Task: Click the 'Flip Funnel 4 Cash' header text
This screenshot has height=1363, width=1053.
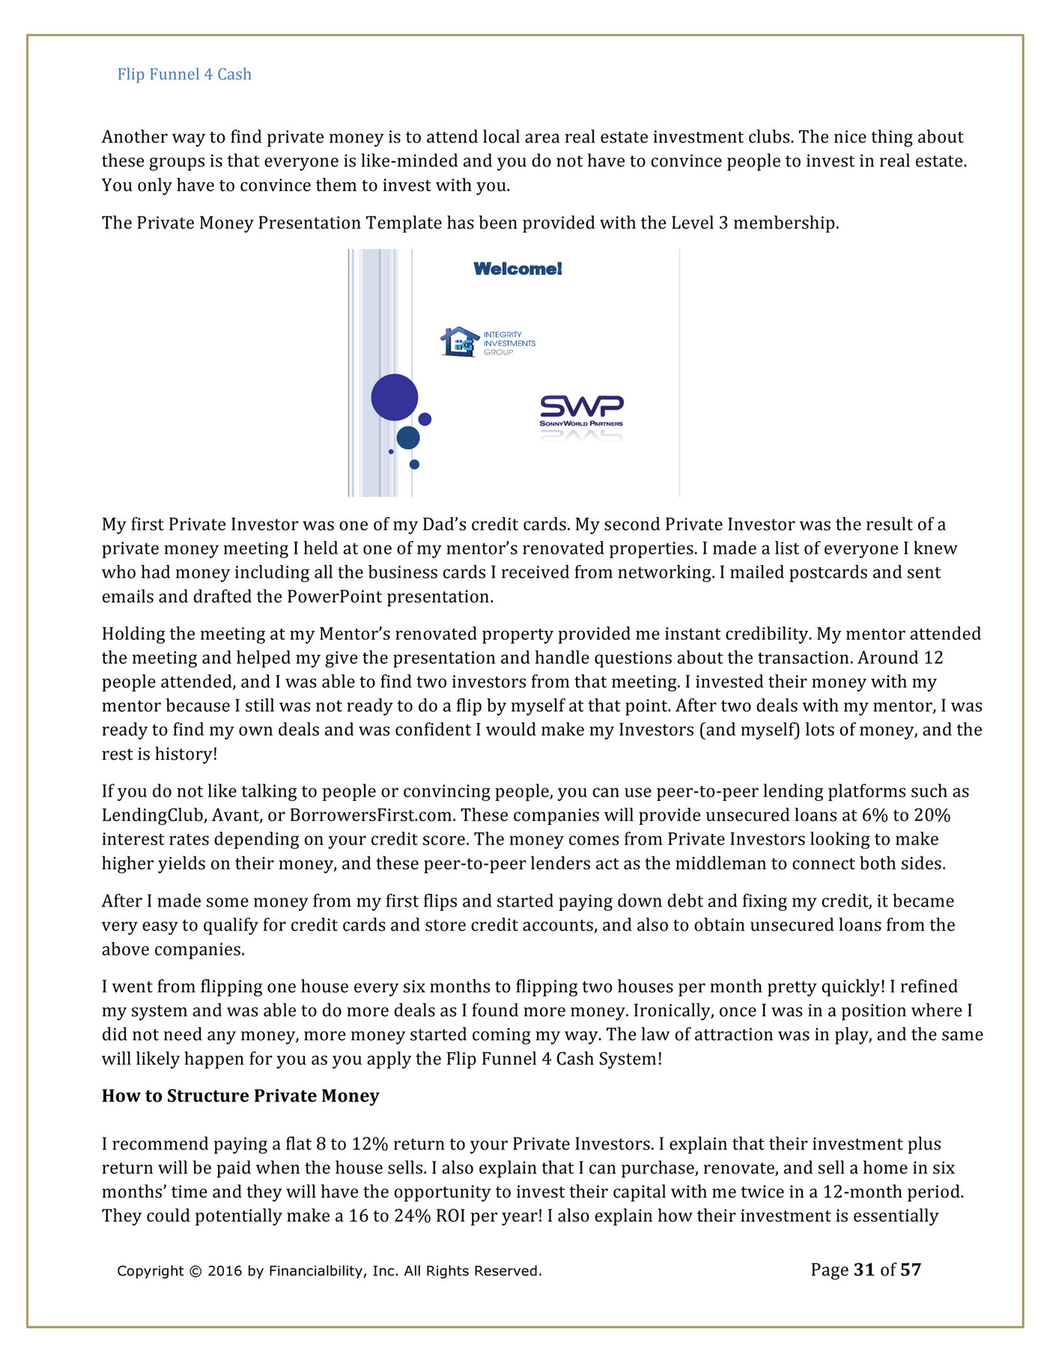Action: click(x=184, y=74)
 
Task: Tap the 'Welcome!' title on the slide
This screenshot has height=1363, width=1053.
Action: click(x=518, y=269)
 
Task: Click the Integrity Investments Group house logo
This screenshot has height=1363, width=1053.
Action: click(x=459, y=342)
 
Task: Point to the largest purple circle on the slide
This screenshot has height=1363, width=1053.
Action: click(x=395, y=397)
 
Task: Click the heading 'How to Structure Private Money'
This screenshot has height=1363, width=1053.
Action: click(x=240, y=1095)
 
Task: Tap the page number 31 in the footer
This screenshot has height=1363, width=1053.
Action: click(x=864, y=1269)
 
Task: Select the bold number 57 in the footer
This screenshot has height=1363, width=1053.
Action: click(x=911, y=1269)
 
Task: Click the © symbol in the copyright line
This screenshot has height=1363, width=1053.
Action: click(x=195, y=1271)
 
